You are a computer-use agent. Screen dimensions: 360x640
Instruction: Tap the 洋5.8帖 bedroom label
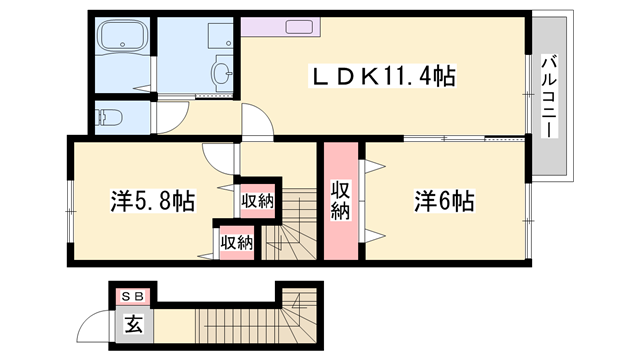(152, 201)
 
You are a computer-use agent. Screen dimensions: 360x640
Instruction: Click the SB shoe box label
(133, 296)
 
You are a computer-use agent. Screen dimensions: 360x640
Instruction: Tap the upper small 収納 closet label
(257, 200)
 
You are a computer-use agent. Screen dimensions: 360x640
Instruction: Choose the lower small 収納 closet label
(237, 241)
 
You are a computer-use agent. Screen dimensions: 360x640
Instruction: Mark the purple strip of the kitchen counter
(271, 26)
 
